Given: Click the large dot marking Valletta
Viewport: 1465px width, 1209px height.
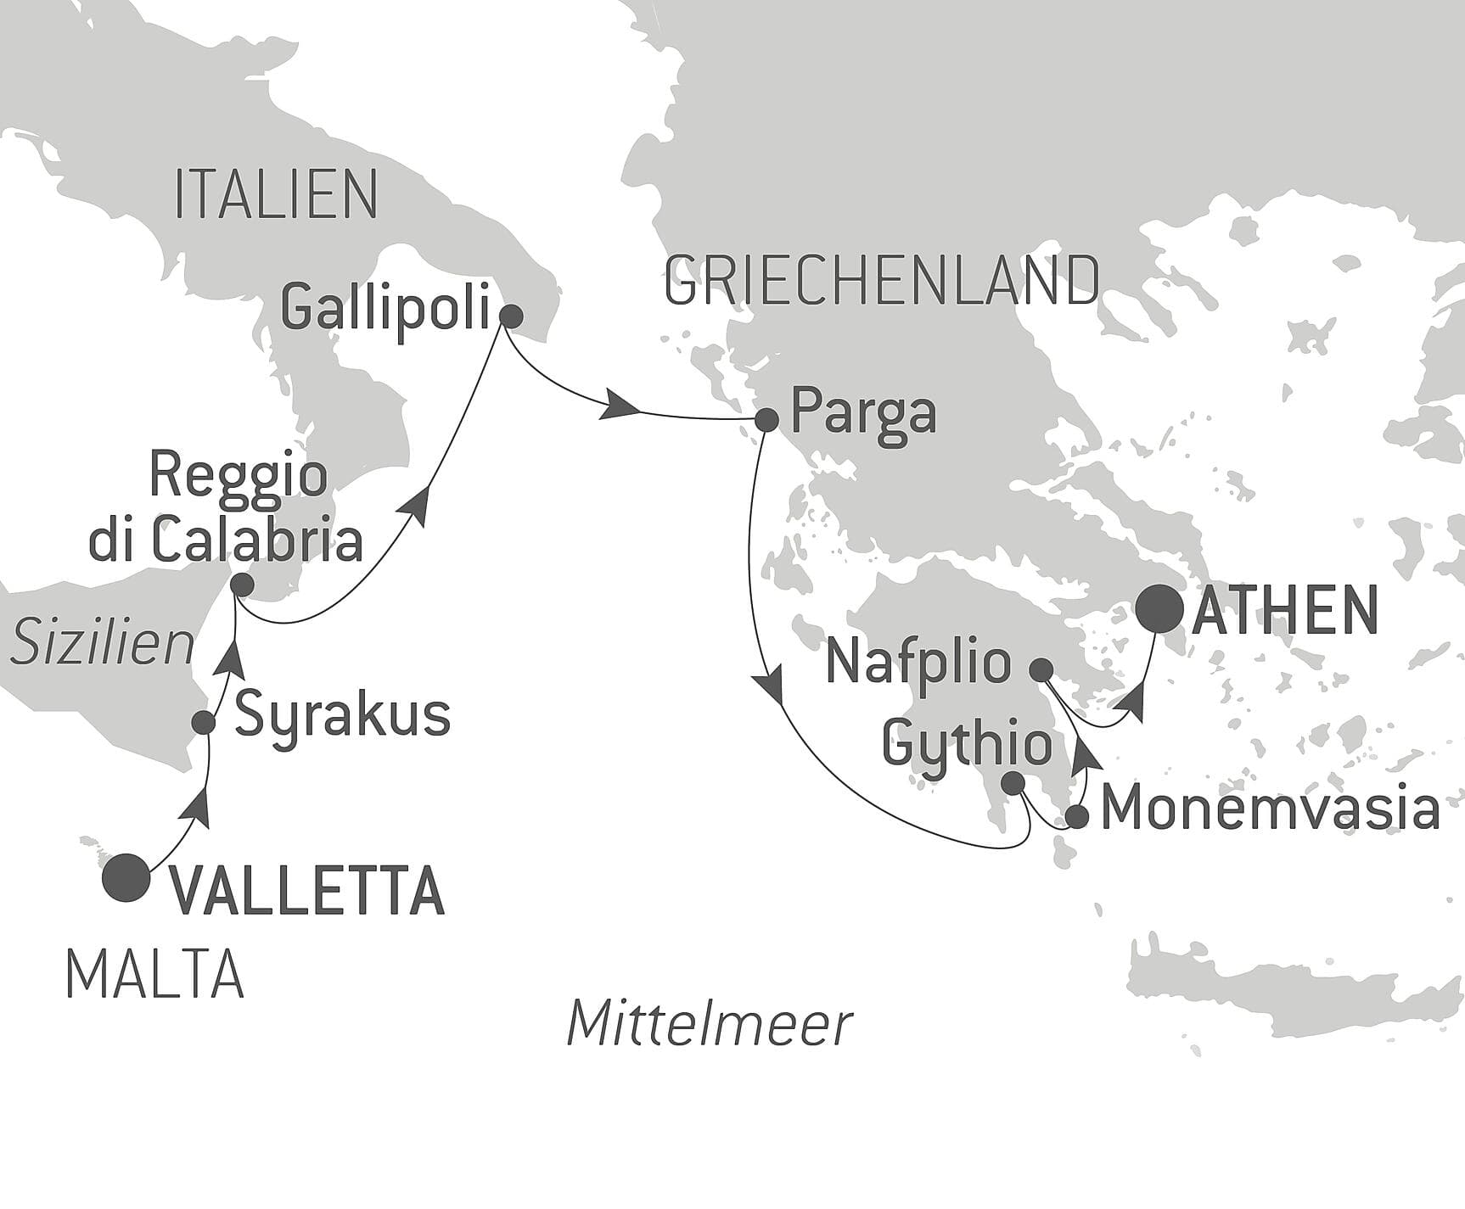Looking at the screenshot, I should click(x=126, y=877).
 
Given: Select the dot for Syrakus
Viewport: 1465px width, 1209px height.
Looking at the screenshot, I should click(x=204, y=722).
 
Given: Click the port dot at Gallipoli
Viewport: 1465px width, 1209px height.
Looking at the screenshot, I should click(x=510, y=316).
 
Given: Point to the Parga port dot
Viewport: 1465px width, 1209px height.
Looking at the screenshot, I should click(x=766, y=419).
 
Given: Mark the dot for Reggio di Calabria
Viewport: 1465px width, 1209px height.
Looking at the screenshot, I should click(x=242, y=585).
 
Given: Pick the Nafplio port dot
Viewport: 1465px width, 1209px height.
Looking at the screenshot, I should click(x=1041, y=669).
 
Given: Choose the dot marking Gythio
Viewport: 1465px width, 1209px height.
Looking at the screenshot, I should click(x=1014, y=783).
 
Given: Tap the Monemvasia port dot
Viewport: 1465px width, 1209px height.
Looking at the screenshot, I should click(x=1076, y=817).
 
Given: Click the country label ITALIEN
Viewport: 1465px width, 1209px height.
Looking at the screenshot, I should click(x=276, y=195).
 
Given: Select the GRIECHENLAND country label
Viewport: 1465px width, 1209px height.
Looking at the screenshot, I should click(x=881, y=281).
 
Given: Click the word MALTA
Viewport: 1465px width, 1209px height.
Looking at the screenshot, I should click(x=154, y=975).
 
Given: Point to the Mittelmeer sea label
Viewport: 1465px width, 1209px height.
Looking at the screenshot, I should click(x=709, y=1023).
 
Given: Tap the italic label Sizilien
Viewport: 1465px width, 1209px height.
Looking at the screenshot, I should click(x=103, y=643).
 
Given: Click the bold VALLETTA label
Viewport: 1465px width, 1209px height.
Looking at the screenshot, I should click(x=308, y=891).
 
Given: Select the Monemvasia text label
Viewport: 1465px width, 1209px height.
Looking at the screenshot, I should click(x=1270, y=809).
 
